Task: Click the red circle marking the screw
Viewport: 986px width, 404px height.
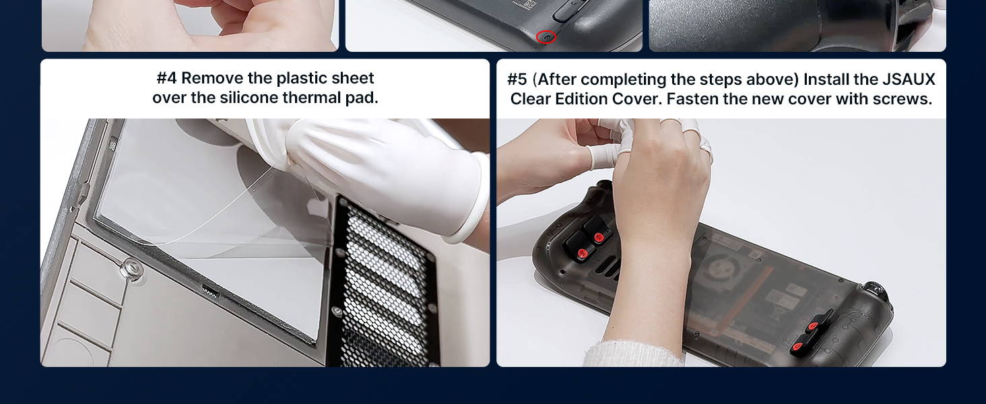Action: [546, 38]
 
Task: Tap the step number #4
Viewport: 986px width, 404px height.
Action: [166, 78]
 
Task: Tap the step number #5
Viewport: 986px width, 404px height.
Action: [517, 79]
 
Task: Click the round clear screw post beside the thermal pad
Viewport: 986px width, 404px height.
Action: [131, 269]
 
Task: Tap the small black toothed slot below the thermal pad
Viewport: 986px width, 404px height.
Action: [210, 292]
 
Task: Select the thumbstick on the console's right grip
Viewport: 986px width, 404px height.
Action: [876, 292]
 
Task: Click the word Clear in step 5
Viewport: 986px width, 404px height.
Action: [531, 99]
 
